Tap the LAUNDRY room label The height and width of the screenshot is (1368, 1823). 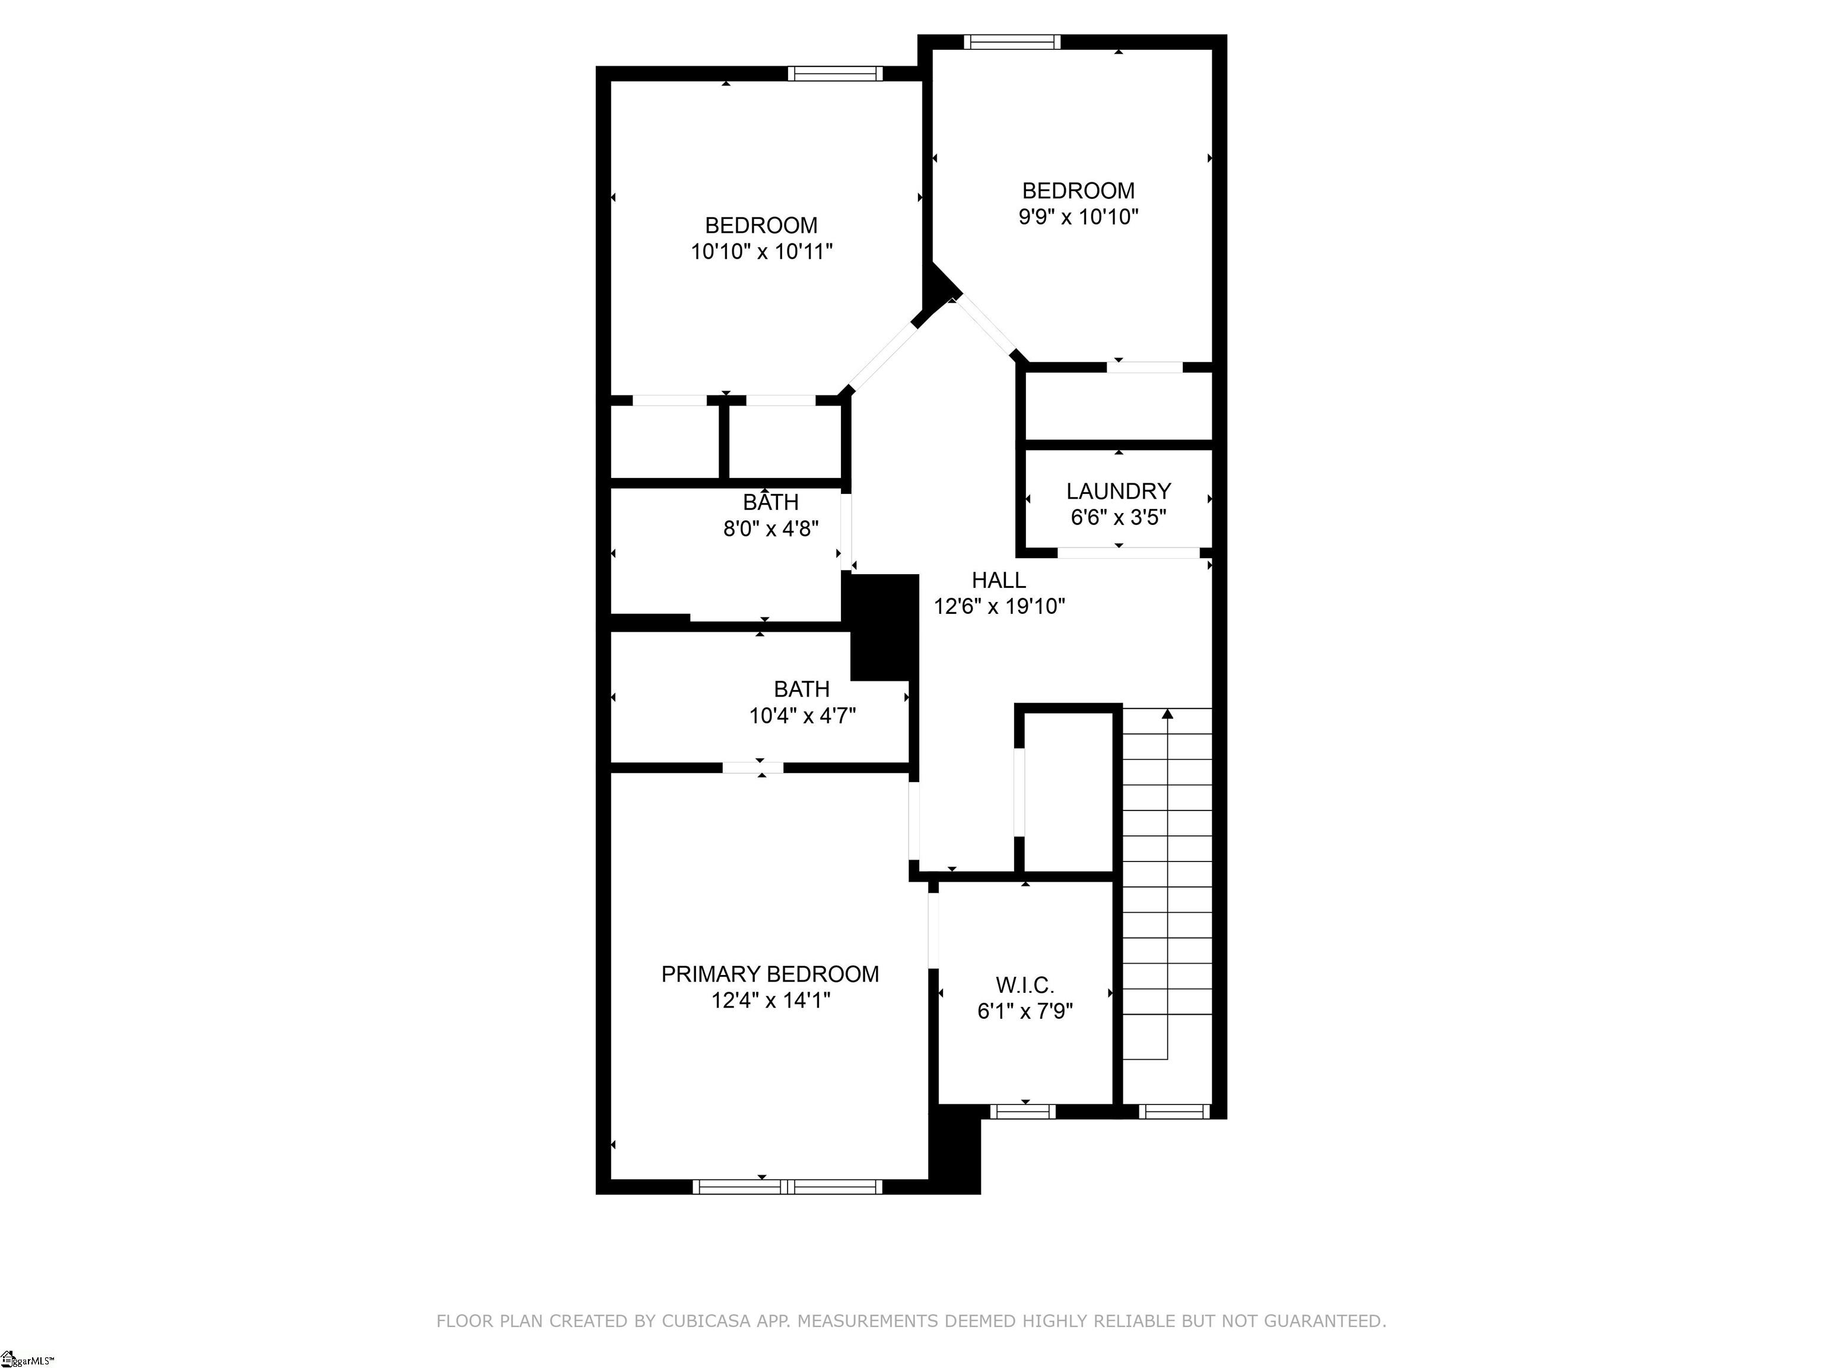[x=1119, y=492]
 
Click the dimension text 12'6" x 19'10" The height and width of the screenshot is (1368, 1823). [x=999, y=606]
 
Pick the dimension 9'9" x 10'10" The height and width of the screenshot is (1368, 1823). [x=1079, y=217]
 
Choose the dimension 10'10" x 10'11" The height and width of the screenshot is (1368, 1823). [x=761, y=252]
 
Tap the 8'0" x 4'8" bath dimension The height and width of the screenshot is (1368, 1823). [x=771, y=528]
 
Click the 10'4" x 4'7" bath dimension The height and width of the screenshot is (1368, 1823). [x=802, y=715]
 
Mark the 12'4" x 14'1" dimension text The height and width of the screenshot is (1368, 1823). [x=771, y=1000]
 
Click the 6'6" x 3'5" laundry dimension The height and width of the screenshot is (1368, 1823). [x=1119, y=518]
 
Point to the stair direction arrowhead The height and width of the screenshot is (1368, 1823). [x=1167, y=713]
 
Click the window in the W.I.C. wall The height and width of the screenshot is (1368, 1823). [x=1022, y=1111]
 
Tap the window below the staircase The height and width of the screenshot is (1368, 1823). [x=1174, y=1111]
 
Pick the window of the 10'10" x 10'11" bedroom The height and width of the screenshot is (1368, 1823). [x=835, y=74]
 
